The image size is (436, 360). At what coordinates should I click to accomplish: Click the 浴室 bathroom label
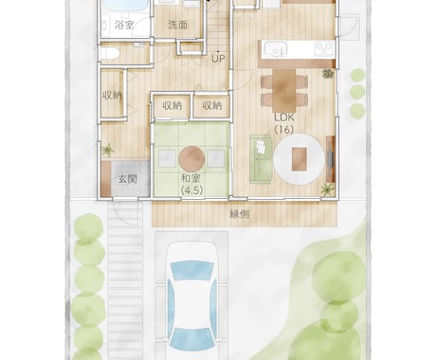124,25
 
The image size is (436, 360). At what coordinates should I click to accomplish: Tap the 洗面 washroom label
177,25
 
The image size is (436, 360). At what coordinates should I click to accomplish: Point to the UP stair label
218,59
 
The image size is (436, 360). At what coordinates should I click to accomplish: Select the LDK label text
284,117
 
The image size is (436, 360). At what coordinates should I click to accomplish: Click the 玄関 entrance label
127,179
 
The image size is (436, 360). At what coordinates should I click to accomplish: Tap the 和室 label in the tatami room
191,178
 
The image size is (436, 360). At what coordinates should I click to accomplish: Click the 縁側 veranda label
239,214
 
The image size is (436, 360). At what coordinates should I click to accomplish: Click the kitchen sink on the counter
276,49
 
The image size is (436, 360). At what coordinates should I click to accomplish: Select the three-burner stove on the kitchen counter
324,49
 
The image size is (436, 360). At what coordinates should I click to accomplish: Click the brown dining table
284,87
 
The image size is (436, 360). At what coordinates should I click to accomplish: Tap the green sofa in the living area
261,159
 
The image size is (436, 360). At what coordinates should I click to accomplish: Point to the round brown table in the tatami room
191,159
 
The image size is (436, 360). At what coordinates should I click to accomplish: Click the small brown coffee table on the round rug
299,159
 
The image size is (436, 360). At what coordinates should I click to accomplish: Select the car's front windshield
191,271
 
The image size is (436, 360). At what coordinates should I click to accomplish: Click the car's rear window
191,339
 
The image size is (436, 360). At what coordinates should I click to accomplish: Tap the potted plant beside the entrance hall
108,150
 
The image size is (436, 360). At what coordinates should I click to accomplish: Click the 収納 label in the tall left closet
112,95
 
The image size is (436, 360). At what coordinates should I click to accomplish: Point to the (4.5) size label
191,190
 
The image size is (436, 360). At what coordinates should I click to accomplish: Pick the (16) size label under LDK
284,130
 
